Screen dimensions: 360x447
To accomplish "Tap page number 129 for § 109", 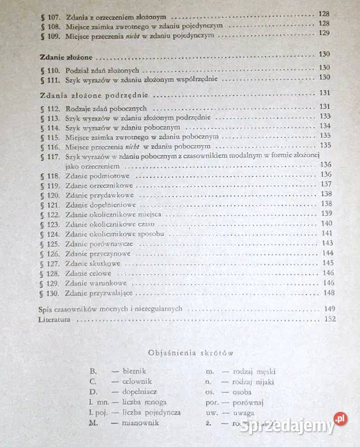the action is tap(324, 33).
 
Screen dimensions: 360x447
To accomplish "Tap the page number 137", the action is tap(326, 185).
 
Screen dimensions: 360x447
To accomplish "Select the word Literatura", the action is tap(53, 320).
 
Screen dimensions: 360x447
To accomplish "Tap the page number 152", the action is tap(330, 319).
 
